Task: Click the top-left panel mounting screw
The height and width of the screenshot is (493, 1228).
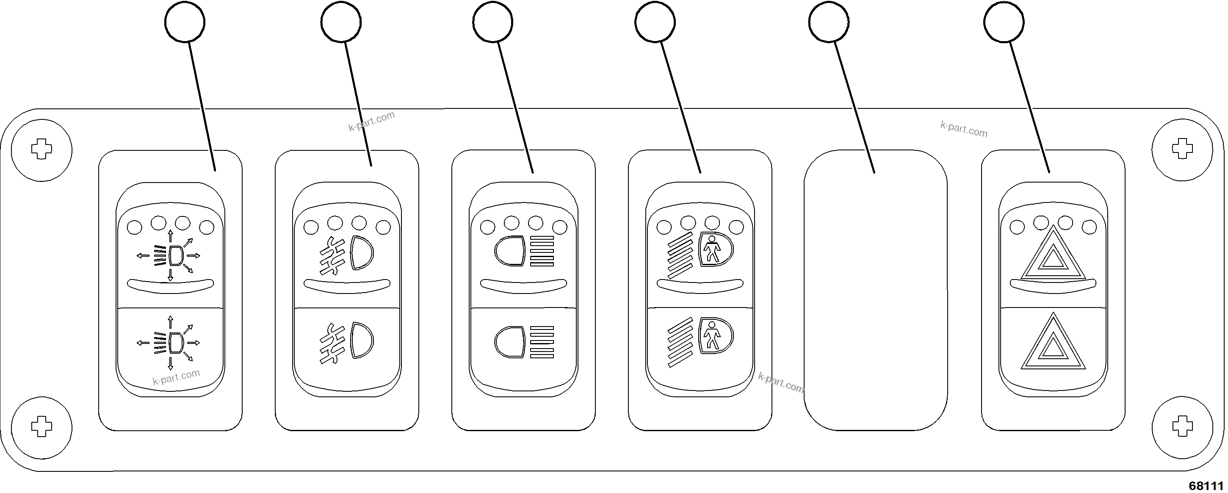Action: click(x=41, y=150)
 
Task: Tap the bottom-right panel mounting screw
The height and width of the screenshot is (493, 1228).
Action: click(x=1182, y=426)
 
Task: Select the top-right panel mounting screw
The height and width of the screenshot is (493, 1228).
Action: click(x=1182, y=150)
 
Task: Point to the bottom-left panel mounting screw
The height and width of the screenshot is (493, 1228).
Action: click(x=41, y=426)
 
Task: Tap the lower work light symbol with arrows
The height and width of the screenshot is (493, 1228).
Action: click(x=169, y=342)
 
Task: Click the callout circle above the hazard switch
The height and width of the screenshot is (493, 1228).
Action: click(x=1004, y=22)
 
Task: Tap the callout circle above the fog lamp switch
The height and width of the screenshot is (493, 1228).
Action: click(x=341, y=22)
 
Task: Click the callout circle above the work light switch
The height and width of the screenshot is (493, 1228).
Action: click(x=185, y=22)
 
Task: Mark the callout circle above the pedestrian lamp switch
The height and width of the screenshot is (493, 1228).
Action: click(x=655, y=22)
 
